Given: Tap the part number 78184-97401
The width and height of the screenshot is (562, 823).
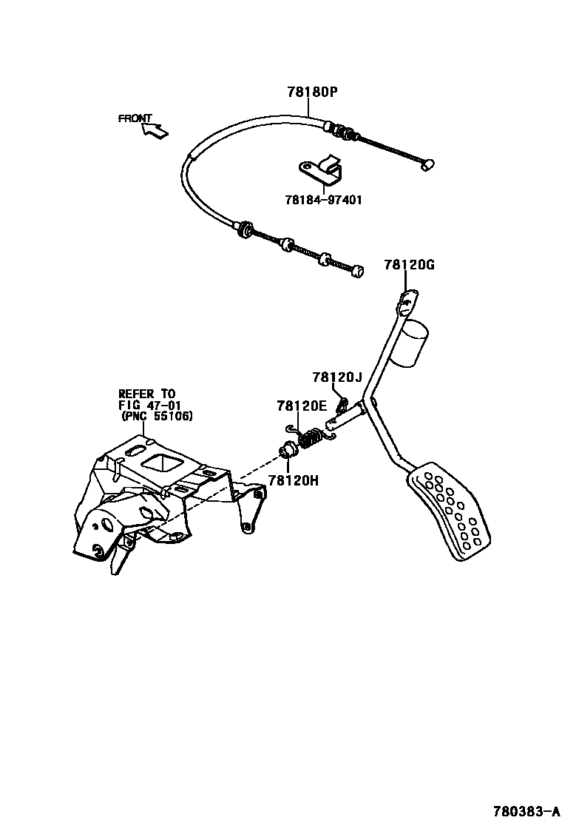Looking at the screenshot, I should [x=323, y=200].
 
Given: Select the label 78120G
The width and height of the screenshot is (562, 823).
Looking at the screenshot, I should [x=409, y=265].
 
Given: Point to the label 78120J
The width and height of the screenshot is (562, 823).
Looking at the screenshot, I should [x=336, y=377].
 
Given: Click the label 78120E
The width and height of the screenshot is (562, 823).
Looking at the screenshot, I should [x=302, y=406].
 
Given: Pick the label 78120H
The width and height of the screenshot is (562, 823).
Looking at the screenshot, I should [x=294, y=480].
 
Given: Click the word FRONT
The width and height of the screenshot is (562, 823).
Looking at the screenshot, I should [x=135, y=118].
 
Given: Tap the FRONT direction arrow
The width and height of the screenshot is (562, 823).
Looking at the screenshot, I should [x=155, y=131].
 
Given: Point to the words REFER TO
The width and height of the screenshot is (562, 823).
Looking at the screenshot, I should [x=148, y=394].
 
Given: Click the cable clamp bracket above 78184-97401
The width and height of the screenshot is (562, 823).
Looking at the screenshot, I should [x=323, y=171].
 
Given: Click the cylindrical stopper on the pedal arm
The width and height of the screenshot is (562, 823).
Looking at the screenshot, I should [x=409, y=343].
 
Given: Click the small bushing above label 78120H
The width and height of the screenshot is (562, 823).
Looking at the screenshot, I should [x=287, y=449].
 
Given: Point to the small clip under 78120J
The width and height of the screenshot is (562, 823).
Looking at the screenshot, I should [x=342, y=404].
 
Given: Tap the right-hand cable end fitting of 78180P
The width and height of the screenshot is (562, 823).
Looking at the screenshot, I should [x=426, y=166].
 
